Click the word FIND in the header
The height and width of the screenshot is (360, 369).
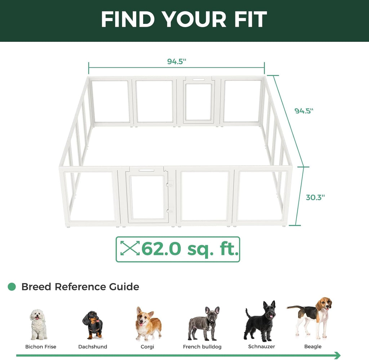point(128,19)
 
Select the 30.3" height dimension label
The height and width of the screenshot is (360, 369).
point(315,197)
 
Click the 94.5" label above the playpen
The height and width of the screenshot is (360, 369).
point(177,61)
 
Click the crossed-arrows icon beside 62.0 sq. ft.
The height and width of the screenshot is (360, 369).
point(130,248)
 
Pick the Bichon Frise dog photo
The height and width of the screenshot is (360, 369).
point(38,324)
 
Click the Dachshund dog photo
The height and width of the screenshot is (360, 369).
point(93,325)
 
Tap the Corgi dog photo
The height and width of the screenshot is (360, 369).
point(148,324)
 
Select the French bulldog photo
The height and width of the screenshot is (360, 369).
point(204,324)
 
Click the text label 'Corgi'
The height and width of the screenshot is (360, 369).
point(147,347)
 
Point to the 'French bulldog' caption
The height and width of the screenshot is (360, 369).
point(202,347)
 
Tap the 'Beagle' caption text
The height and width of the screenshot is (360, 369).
point(313,346)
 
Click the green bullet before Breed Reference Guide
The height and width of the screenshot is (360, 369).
point(12,286)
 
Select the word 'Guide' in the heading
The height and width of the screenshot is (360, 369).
point(124,287)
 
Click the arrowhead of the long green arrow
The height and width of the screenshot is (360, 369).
point(337,355)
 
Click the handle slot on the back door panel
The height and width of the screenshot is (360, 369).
point(199,80)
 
